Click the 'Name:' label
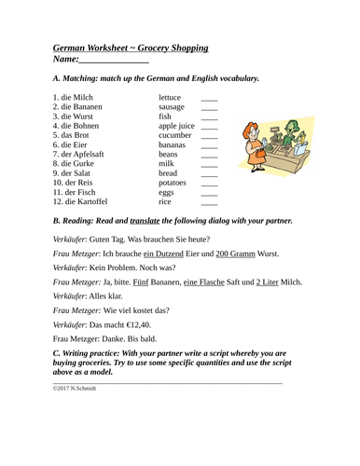tap(72, 61)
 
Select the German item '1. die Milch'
tap(77, 96)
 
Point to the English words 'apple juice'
tap(177, 122)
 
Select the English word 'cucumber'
tap(176, 134)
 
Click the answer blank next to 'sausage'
tap(209, 110)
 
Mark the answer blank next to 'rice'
tap(209, 201)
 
